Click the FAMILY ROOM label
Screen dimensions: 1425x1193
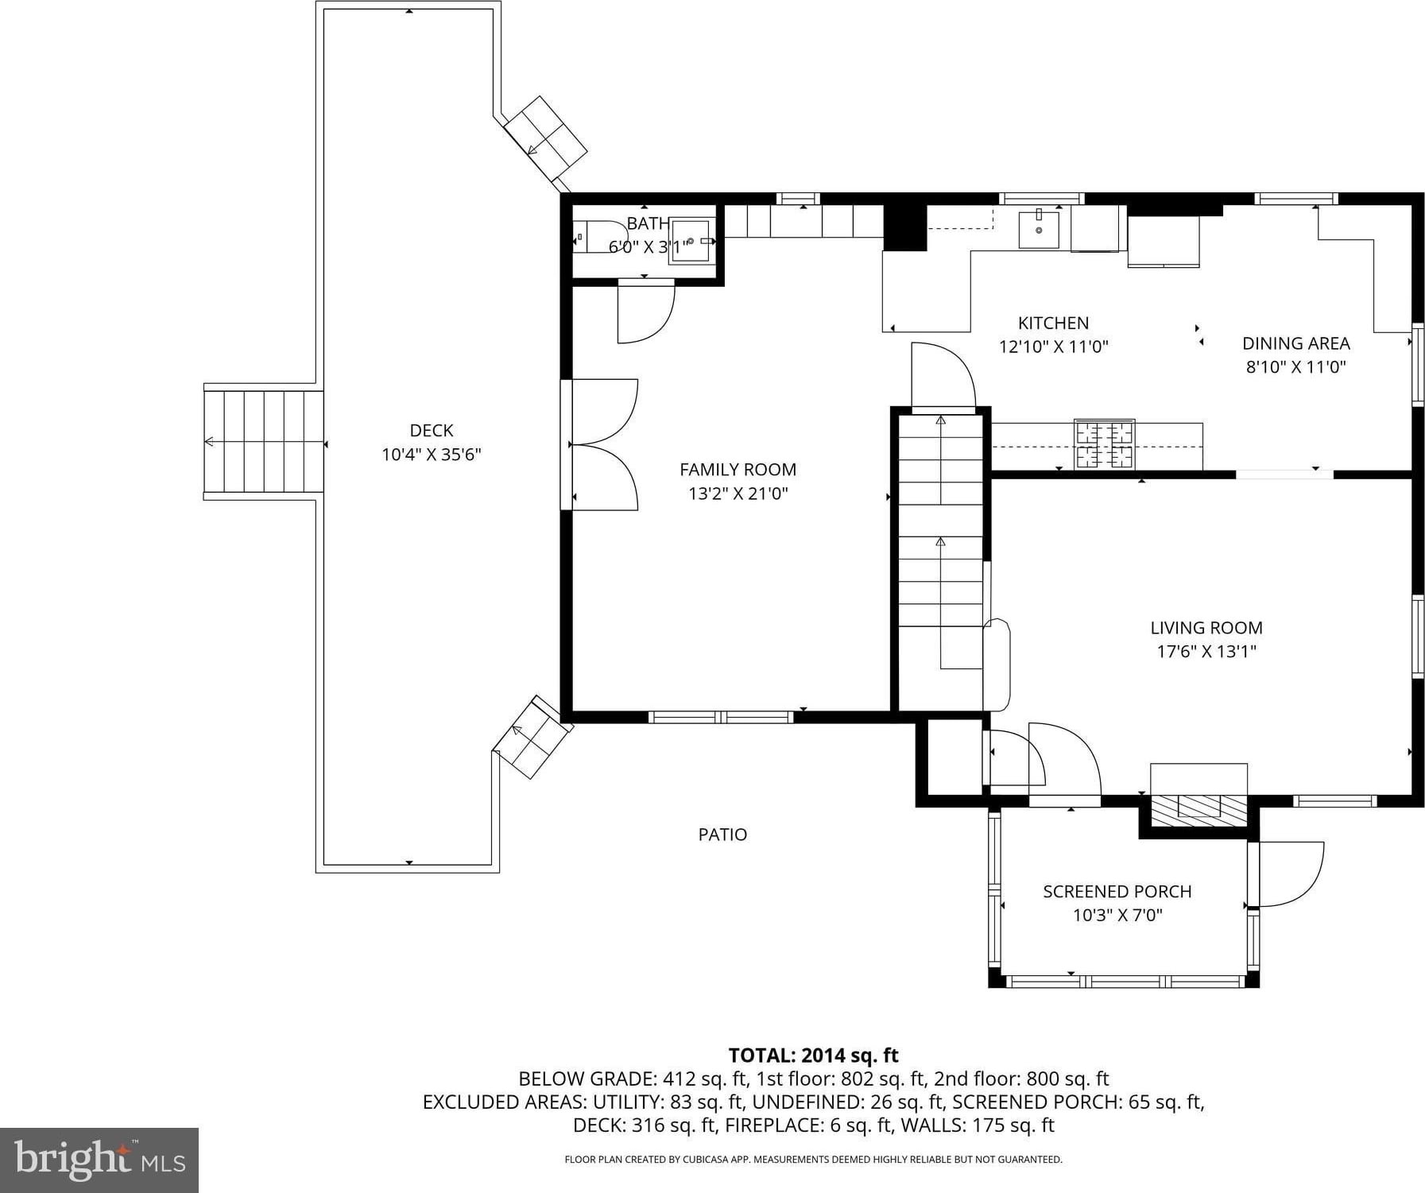(738, 470)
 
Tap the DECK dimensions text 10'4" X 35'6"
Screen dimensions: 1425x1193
(432, 455)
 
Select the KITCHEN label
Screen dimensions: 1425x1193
(1053, 323)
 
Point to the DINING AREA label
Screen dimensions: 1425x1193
(1295, 343)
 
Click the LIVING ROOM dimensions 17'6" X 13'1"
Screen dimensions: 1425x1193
(1206, 652)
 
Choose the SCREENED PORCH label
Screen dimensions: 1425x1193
(1117, 892)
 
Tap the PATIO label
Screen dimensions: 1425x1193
(722, 835)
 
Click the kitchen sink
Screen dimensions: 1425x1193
(1039, 229)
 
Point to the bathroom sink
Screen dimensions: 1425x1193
(691, 240)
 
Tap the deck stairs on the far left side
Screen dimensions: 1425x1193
(263, 441)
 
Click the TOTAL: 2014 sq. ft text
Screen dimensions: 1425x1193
(813, 1055)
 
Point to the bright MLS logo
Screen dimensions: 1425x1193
(99, 1160)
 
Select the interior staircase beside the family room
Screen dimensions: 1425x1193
(940, 560)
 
